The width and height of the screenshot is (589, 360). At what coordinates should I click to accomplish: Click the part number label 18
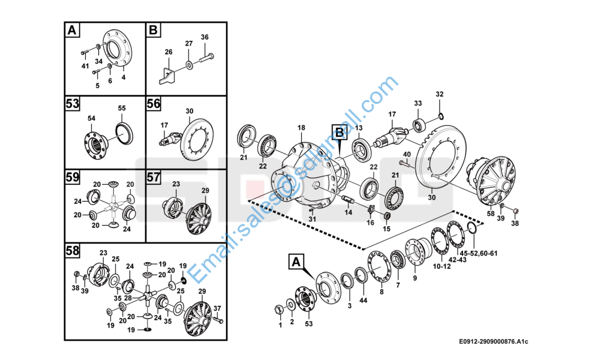[x=301, y=128]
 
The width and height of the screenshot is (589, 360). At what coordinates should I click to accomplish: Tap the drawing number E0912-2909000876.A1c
[x=494, y=341]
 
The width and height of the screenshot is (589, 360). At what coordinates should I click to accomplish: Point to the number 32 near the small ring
[x=439, y=94]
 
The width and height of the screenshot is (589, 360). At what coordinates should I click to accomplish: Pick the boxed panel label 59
[x=73, y=178]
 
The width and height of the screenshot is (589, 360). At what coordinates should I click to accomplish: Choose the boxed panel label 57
[x=154, y=177]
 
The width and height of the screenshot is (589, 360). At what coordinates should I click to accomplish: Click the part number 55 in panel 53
[x=122, y=108]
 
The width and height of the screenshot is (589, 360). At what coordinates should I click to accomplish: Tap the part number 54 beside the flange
[x=92, y=119]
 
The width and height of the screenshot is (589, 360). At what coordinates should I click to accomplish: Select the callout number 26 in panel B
[x=169, y=52]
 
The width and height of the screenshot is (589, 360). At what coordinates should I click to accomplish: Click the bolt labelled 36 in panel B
[x=205, y=37]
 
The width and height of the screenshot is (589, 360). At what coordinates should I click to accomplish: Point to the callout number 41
[x=85, y=65]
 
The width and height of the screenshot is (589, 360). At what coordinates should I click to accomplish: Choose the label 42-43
[x=458, y=260]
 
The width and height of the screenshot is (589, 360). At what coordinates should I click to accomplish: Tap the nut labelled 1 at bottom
[x=279, y=325]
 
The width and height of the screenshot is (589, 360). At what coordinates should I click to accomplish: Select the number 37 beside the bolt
[x=217, y=308]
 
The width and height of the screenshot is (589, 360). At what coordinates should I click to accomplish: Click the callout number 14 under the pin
[x=348, y=212]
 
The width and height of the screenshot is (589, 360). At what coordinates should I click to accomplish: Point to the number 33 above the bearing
[x=417, y=103]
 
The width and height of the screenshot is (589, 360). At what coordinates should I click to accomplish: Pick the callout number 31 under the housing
[x=312, y=219]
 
